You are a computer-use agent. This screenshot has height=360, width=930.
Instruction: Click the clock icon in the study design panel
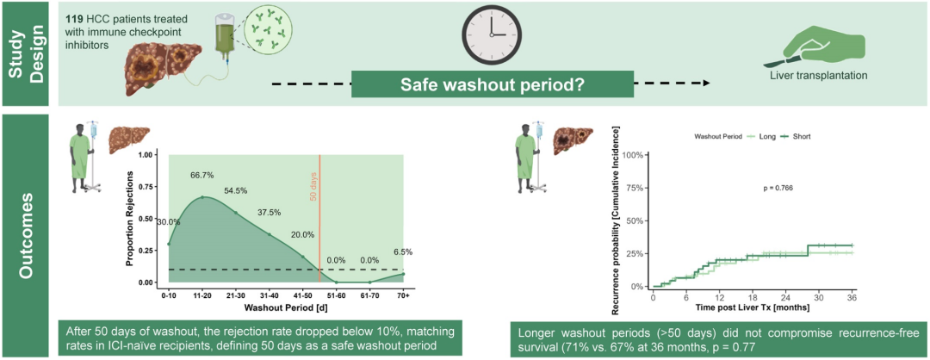491,34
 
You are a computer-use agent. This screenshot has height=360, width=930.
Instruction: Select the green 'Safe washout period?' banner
493,84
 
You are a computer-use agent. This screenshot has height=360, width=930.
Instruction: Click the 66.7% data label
202,177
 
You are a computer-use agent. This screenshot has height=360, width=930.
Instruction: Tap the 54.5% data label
235,191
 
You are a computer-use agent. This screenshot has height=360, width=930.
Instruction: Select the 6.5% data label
403,251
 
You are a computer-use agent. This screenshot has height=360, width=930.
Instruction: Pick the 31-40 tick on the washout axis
269,294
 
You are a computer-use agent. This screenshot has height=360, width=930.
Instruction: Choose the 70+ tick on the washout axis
403,294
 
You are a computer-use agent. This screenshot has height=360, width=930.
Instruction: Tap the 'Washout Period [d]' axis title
286,307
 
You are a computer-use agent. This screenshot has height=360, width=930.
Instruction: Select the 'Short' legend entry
802,136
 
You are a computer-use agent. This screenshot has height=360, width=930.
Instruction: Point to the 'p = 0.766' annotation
778,188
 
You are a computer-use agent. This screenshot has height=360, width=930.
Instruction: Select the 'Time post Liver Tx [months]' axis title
752,307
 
